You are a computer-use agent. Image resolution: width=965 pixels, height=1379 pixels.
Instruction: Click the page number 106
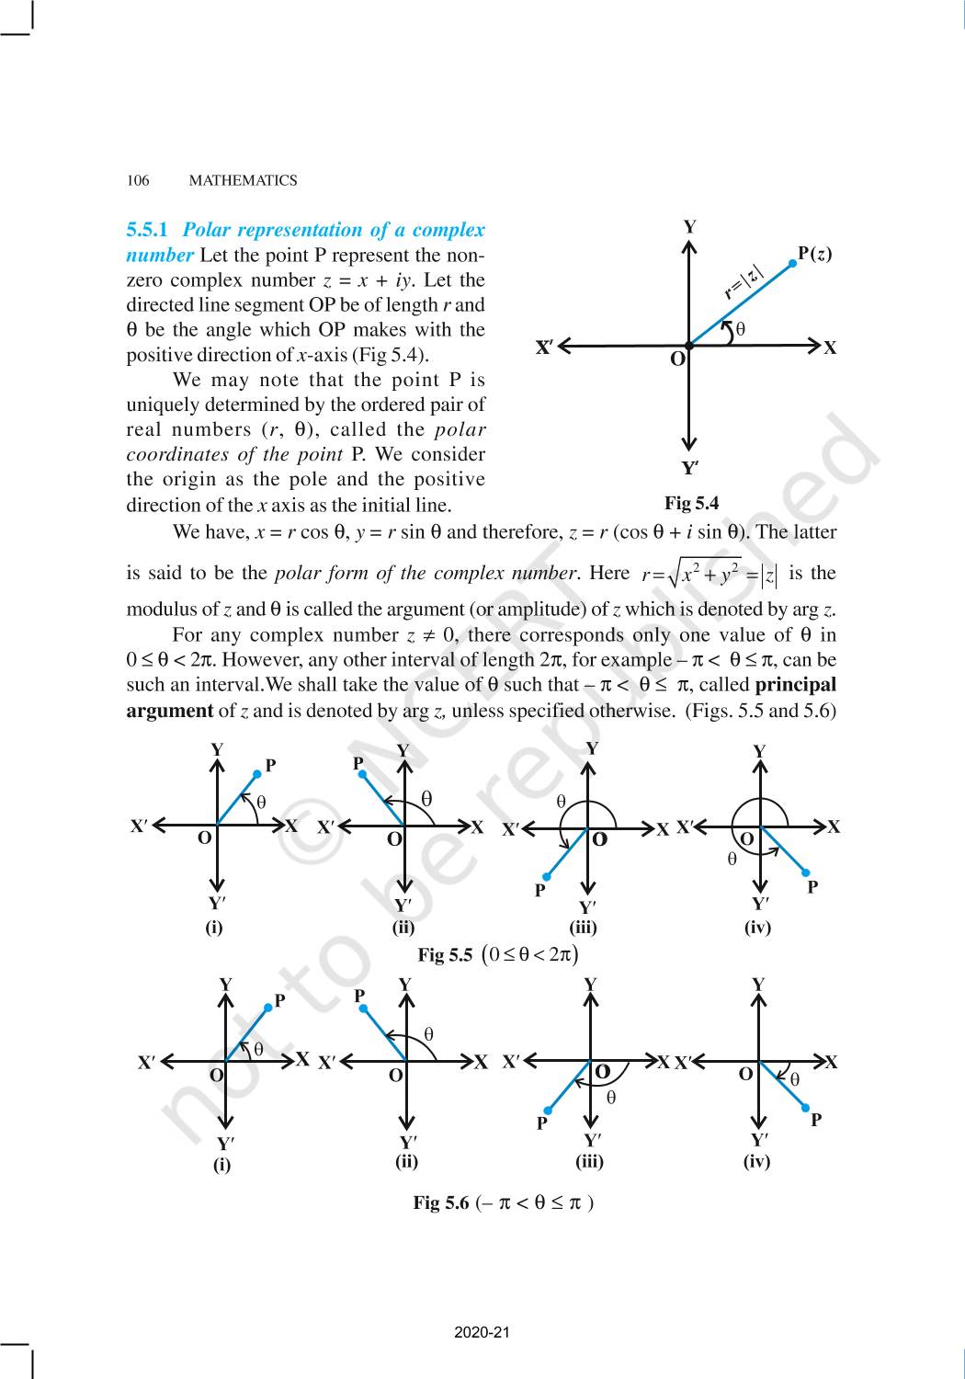(137, 181)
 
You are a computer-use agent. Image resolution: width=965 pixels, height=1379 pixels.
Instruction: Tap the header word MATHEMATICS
(243, 181)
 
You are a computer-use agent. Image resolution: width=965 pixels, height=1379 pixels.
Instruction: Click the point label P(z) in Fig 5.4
(814, 254)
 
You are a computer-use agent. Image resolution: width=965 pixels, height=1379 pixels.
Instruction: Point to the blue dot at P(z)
(792, 263)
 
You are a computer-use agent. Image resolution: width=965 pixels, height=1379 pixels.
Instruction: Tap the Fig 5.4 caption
(691, 503)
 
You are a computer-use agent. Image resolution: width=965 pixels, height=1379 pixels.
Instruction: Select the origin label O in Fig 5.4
(677, 359)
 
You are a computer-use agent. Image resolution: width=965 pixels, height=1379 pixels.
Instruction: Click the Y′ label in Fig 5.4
(690, 469)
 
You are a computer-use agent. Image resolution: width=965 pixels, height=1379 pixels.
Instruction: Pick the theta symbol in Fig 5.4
(741, 328)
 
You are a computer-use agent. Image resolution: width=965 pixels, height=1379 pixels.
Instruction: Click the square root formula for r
(710, 574)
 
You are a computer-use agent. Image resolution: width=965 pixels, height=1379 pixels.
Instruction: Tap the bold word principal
(795, 685)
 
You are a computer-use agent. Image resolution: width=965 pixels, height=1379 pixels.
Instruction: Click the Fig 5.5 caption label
(445, 955)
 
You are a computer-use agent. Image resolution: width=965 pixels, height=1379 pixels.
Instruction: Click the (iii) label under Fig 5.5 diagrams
(584, 928)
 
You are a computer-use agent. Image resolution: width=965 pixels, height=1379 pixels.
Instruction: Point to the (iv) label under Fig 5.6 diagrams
(756, 1161)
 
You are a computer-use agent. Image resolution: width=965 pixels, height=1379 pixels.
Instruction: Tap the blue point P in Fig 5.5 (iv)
(805, 872)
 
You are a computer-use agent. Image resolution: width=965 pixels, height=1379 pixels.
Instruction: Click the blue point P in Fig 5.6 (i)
(268, 1007)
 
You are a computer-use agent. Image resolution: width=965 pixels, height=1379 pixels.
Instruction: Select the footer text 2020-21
(482, 1332)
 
